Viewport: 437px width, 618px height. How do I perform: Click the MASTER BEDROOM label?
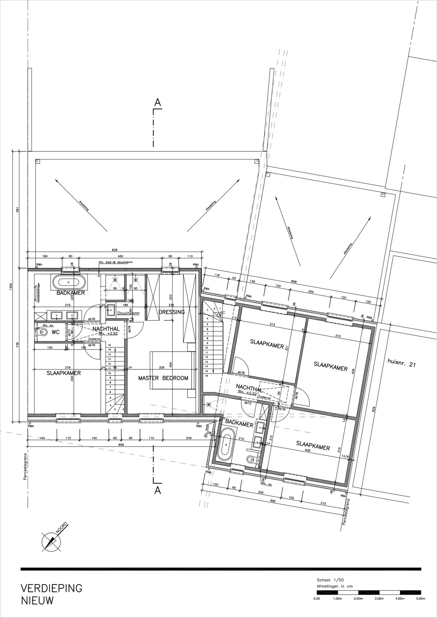(163, 378)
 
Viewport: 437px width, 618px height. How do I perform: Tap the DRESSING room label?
(172, 312)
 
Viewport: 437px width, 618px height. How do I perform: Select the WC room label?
(56, 332)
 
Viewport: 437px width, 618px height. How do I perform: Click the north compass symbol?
(51, 541)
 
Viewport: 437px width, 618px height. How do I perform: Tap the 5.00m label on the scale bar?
(420, 599)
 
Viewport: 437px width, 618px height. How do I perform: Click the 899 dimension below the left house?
(121, 445)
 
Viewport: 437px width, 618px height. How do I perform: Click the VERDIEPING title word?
(51, 588)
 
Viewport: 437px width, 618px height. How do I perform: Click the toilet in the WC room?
(41, 332)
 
